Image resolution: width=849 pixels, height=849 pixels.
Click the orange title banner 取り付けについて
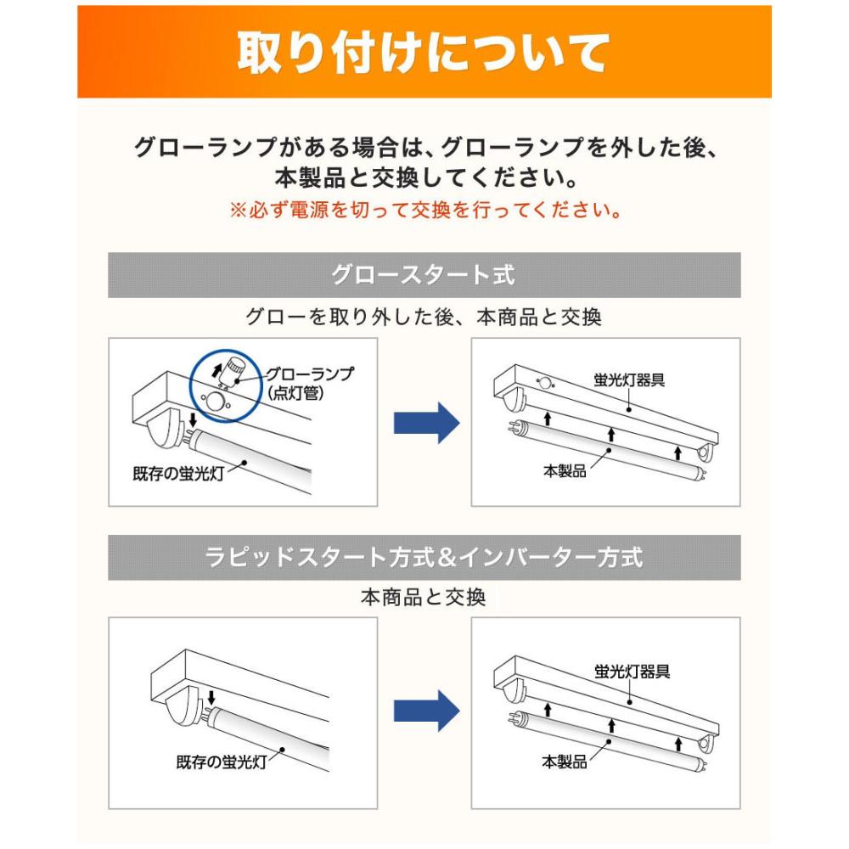[x=424, y=52]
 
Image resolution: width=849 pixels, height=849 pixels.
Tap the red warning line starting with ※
[x=425, y=210]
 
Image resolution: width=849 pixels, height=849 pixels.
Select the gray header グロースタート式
[x=424, y=275]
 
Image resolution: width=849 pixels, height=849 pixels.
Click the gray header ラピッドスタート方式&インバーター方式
[x=424, y=558]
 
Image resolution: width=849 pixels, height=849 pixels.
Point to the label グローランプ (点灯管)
[x=309, y=384]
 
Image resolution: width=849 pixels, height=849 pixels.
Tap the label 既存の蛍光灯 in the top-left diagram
[x=178, y=474]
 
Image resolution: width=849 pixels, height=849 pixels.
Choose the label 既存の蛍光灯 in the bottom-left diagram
[x=222, y=762]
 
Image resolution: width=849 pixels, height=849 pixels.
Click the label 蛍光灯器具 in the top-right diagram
[x=629, y=380]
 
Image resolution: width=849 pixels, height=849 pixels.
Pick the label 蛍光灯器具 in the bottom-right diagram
[x=633, y=672]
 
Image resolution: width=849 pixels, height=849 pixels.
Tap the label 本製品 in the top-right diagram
[x=565, y=471]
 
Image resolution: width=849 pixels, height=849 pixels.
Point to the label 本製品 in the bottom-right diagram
[x=565, y=762]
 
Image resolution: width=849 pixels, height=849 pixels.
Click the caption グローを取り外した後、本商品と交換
[x=424, y=318]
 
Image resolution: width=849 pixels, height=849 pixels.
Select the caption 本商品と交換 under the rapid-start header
[x=424, y=598]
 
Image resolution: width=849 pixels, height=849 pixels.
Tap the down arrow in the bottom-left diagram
[x=211, y=697]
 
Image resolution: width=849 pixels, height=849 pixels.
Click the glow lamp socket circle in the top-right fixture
[x=545, y=384]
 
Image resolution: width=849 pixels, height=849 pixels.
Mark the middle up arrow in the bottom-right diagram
[x=612, y=726]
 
